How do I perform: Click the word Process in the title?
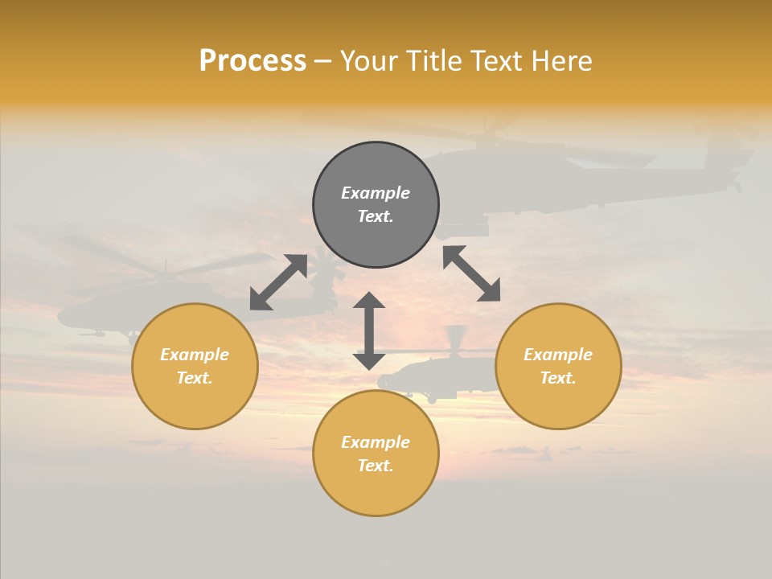point(253,61)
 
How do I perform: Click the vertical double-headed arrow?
point(369,331)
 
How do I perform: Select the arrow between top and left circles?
point(278,281)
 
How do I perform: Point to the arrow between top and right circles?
point(471,273)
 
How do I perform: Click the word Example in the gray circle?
point(376,193)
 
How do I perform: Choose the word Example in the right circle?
point(558,355)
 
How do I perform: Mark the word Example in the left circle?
point(195,355)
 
